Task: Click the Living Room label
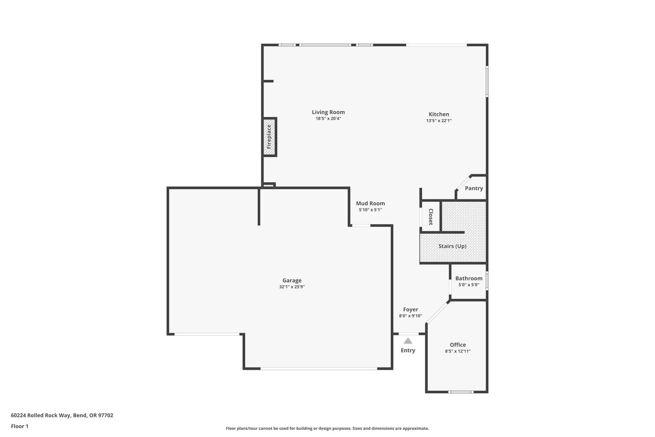click(328, 112)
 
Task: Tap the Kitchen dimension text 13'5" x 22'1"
click(439, 121)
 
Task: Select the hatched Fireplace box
click(270, 137)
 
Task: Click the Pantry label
click(474, 188)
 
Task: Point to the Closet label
click(431, 217)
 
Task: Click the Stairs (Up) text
click(452, 246)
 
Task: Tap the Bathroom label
click(469, 278)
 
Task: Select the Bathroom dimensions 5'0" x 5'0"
click(469, 285)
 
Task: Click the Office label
click(458, 345)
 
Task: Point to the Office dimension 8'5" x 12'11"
click(458, 351)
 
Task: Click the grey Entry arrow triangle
click(408, 341)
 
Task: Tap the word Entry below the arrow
click(408, 350)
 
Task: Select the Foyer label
click(411, 309)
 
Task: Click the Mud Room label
click(370, 204)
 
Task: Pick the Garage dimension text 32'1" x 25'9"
click(292, 287)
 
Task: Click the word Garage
click(292, 280)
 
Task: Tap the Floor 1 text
click(20, 426)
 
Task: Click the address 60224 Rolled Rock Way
click(41, 415)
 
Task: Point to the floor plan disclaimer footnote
click(327, 428)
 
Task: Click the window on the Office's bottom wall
click(461, 392)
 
